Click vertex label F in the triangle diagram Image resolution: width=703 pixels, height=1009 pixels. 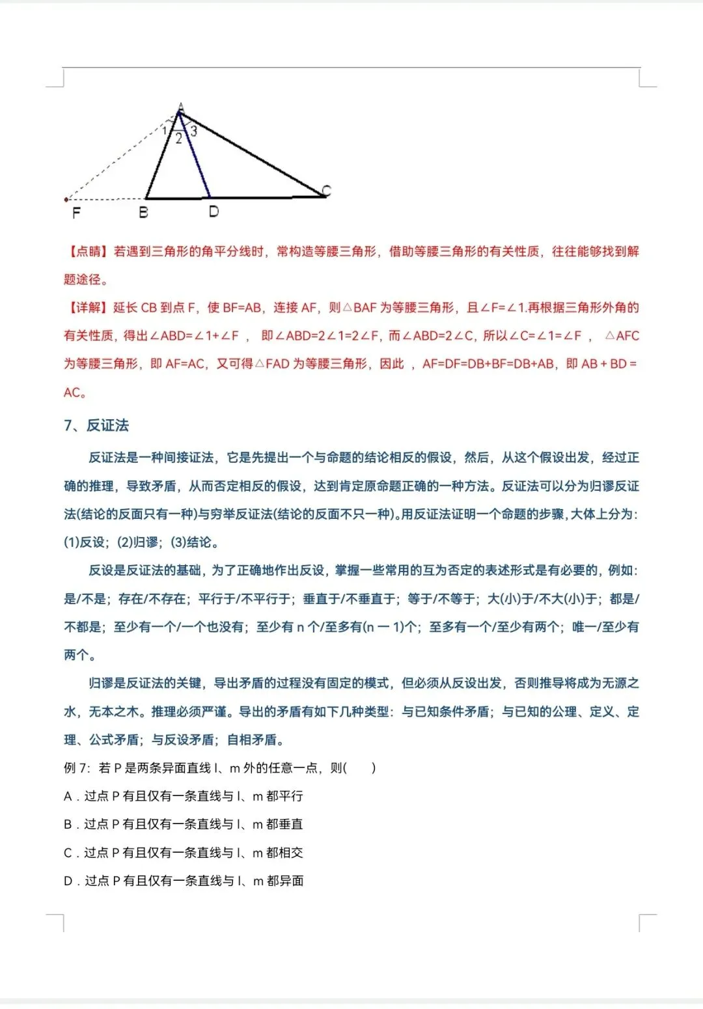point(76,212)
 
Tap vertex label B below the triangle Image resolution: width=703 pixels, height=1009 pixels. point(143,212)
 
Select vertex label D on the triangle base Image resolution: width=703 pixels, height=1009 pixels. point(214,212)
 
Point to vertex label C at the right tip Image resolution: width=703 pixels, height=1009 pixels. point(326,190)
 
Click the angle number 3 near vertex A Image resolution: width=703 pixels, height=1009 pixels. point(193,131)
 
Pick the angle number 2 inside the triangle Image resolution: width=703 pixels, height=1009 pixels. point(179,139)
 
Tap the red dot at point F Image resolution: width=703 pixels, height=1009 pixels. point(66,199)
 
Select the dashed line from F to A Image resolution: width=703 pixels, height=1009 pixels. point(120,157)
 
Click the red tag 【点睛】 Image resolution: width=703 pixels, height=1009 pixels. point(87,251)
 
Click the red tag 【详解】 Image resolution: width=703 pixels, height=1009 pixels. point(87,307)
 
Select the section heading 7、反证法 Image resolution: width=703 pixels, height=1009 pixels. point(96,426)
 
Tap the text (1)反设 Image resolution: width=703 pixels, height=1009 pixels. point(85,542)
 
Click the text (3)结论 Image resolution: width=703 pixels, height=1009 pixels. point(194,542)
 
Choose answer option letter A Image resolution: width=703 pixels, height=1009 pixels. point(68,796)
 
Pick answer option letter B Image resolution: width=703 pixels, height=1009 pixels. point(68,824)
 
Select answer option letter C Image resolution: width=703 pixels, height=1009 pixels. point(68,853)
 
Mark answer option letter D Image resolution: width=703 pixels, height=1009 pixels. point(68,881)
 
